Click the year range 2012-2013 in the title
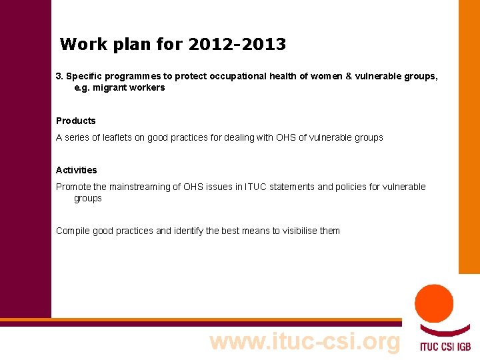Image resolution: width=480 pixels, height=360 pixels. [237, 45]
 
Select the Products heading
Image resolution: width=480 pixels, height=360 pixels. [76, 121]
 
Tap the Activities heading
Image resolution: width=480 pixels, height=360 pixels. [77, 170]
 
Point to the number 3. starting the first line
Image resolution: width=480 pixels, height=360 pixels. [59, 76]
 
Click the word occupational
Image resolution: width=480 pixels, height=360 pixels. [237, 76]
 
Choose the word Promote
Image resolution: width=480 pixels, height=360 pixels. [73, 187]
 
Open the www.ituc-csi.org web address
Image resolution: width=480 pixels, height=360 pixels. [305, 341]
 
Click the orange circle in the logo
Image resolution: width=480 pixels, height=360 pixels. [434, 303]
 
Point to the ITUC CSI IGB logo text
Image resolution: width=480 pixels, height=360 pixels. [445, 346]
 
